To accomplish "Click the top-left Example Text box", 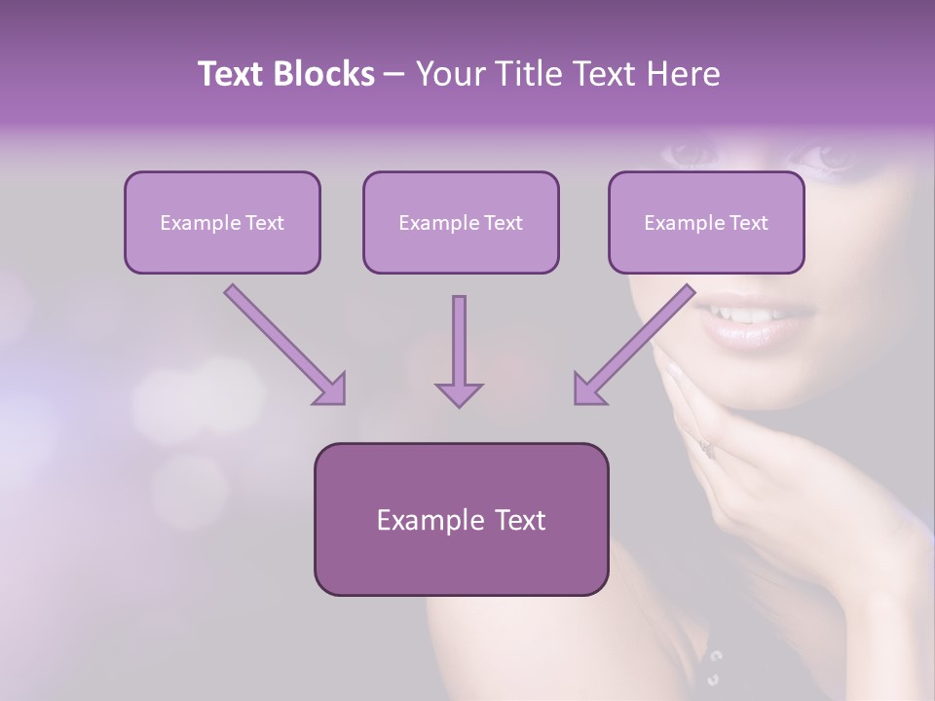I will click(x=222, y=223).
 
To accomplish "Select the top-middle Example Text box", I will click(x=461, y=223).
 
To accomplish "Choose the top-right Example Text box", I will click(x=706, y=223).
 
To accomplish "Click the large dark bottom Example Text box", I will click(x=461, y=520).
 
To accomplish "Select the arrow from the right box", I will click(x=638, y=341).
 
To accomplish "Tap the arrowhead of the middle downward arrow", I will click(x=459, y=393).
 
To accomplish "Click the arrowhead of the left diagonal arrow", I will click(x=330, y=388).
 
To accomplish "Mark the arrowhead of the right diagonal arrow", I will click(x=588, y=388).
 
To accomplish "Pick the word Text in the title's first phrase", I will click(x=233, y=74).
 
